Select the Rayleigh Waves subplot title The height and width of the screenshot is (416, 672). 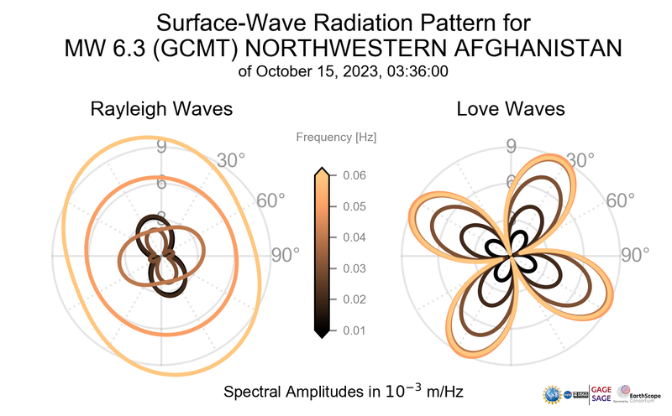pos(161,109)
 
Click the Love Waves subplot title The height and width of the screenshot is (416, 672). pos(510,109)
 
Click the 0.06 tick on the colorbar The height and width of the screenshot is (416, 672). pos(354,175)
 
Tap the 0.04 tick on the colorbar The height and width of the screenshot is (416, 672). pos(354,237)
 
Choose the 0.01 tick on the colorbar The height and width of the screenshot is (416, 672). pos(354,330)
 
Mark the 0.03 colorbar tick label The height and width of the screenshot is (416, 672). pos(354,268)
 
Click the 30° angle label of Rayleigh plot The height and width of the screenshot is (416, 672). pos(232,159)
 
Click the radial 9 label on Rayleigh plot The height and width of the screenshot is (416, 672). pos(160,148)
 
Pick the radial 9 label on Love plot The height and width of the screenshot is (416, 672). pos(510,148)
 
